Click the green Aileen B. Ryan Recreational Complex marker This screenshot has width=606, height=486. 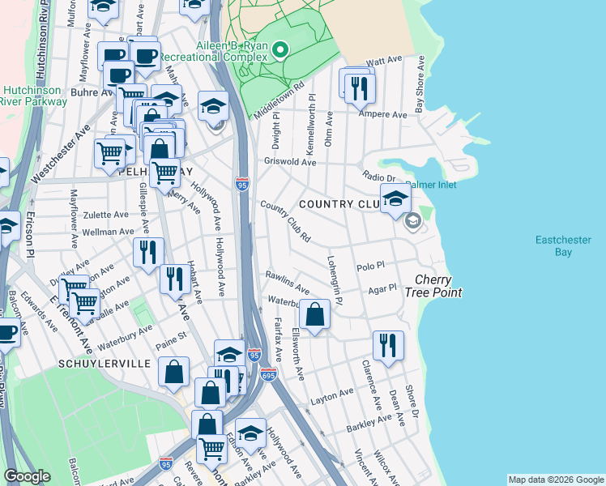coord(280,50)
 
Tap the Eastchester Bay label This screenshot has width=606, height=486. coord(564,246)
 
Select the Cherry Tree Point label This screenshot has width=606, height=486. coord(438,286)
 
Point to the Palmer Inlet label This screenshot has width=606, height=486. coord(431,185)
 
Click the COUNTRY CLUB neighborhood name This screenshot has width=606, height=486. coord(339,204)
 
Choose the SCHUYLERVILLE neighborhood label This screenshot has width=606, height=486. coord(104,364)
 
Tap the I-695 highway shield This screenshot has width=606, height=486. coord(269,375)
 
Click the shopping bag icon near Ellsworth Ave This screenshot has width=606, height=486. coord(314,314)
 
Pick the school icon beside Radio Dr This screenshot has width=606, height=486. coord(395,198)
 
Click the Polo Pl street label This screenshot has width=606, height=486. coord(369,266)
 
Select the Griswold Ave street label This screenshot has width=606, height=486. coord(289,162)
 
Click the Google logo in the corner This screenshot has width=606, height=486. coord(28,476)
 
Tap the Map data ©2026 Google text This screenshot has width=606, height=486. coord(555,480)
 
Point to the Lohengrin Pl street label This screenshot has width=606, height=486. coord(335,277)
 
